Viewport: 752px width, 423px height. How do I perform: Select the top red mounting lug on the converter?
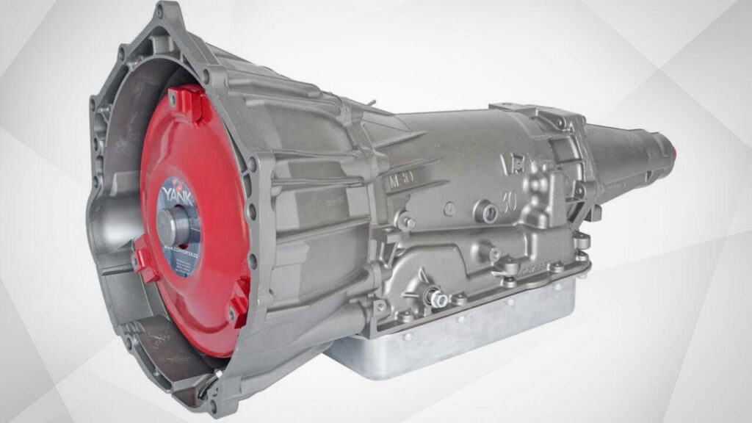pos(181,99)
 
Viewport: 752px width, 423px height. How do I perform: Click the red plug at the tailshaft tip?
pos(669,146)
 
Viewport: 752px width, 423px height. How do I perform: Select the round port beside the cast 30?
pos(482,212)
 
